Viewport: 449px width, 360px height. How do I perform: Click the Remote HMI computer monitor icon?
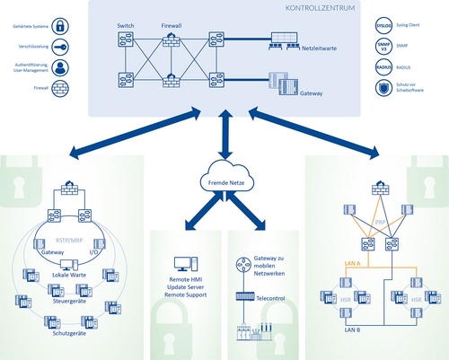pyautogui.click(x=184, y=265)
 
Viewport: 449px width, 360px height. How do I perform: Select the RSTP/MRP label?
pyautogui.click(x=71, y=241)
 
